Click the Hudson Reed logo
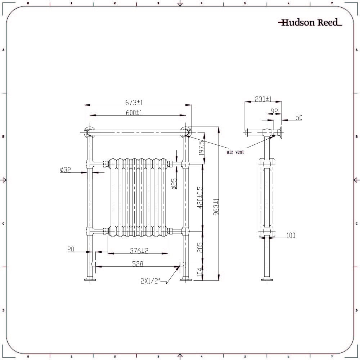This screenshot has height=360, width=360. click(x=310, y=23)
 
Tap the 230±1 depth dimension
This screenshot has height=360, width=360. click(x=263, y=99)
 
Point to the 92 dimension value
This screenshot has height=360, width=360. click(x=274, y=112)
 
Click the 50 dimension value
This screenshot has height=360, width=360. click(x=298, y=118)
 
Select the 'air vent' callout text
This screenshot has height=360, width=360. click(x=235, y=152)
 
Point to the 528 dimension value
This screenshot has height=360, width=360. click(x=138, y=264)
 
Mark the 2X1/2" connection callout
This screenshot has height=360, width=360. click(x=150, y=282)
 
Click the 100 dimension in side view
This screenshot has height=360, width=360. click(x=291, y=235)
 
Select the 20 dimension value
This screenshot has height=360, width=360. click(x=70, y=249)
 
